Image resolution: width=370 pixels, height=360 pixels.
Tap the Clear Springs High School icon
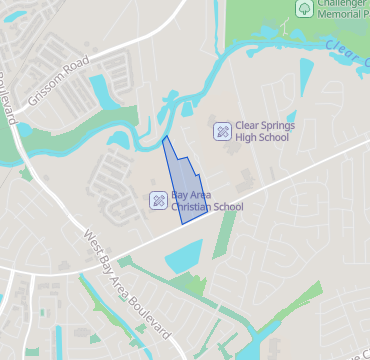coord(221,131)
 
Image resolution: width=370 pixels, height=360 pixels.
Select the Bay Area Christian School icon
coord(158,200)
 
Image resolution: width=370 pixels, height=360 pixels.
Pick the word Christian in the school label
coord(193,207)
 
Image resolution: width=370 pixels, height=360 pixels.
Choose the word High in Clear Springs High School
coord(247,138)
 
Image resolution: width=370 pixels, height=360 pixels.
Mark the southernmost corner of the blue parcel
coord(182,224)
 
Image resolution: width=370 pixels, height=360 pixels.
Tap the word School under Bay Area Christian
coord(229,207)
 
